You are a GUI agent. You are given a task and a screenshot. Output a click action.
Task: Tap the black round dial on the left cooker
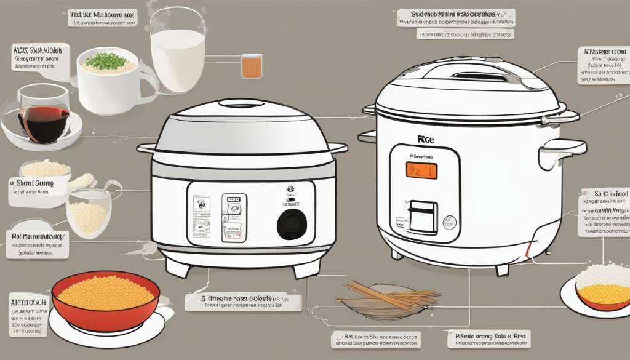291,224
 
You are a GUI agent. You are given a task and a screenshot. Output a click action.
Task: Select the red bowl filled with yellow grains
105,299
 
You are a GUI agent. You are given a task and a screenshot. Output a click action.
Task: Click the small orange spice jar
252,66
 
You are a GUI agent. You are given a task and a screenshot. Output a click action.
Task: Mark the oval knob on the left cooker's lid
242,103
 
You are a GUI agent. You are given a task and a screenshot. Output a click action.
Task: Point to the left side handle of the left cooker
148,148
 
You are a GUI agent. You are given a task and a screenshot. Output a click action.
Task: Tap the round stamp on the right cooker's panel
450,222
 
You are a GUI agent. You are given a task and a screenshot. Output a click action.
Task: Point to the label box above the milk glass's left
102,18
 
